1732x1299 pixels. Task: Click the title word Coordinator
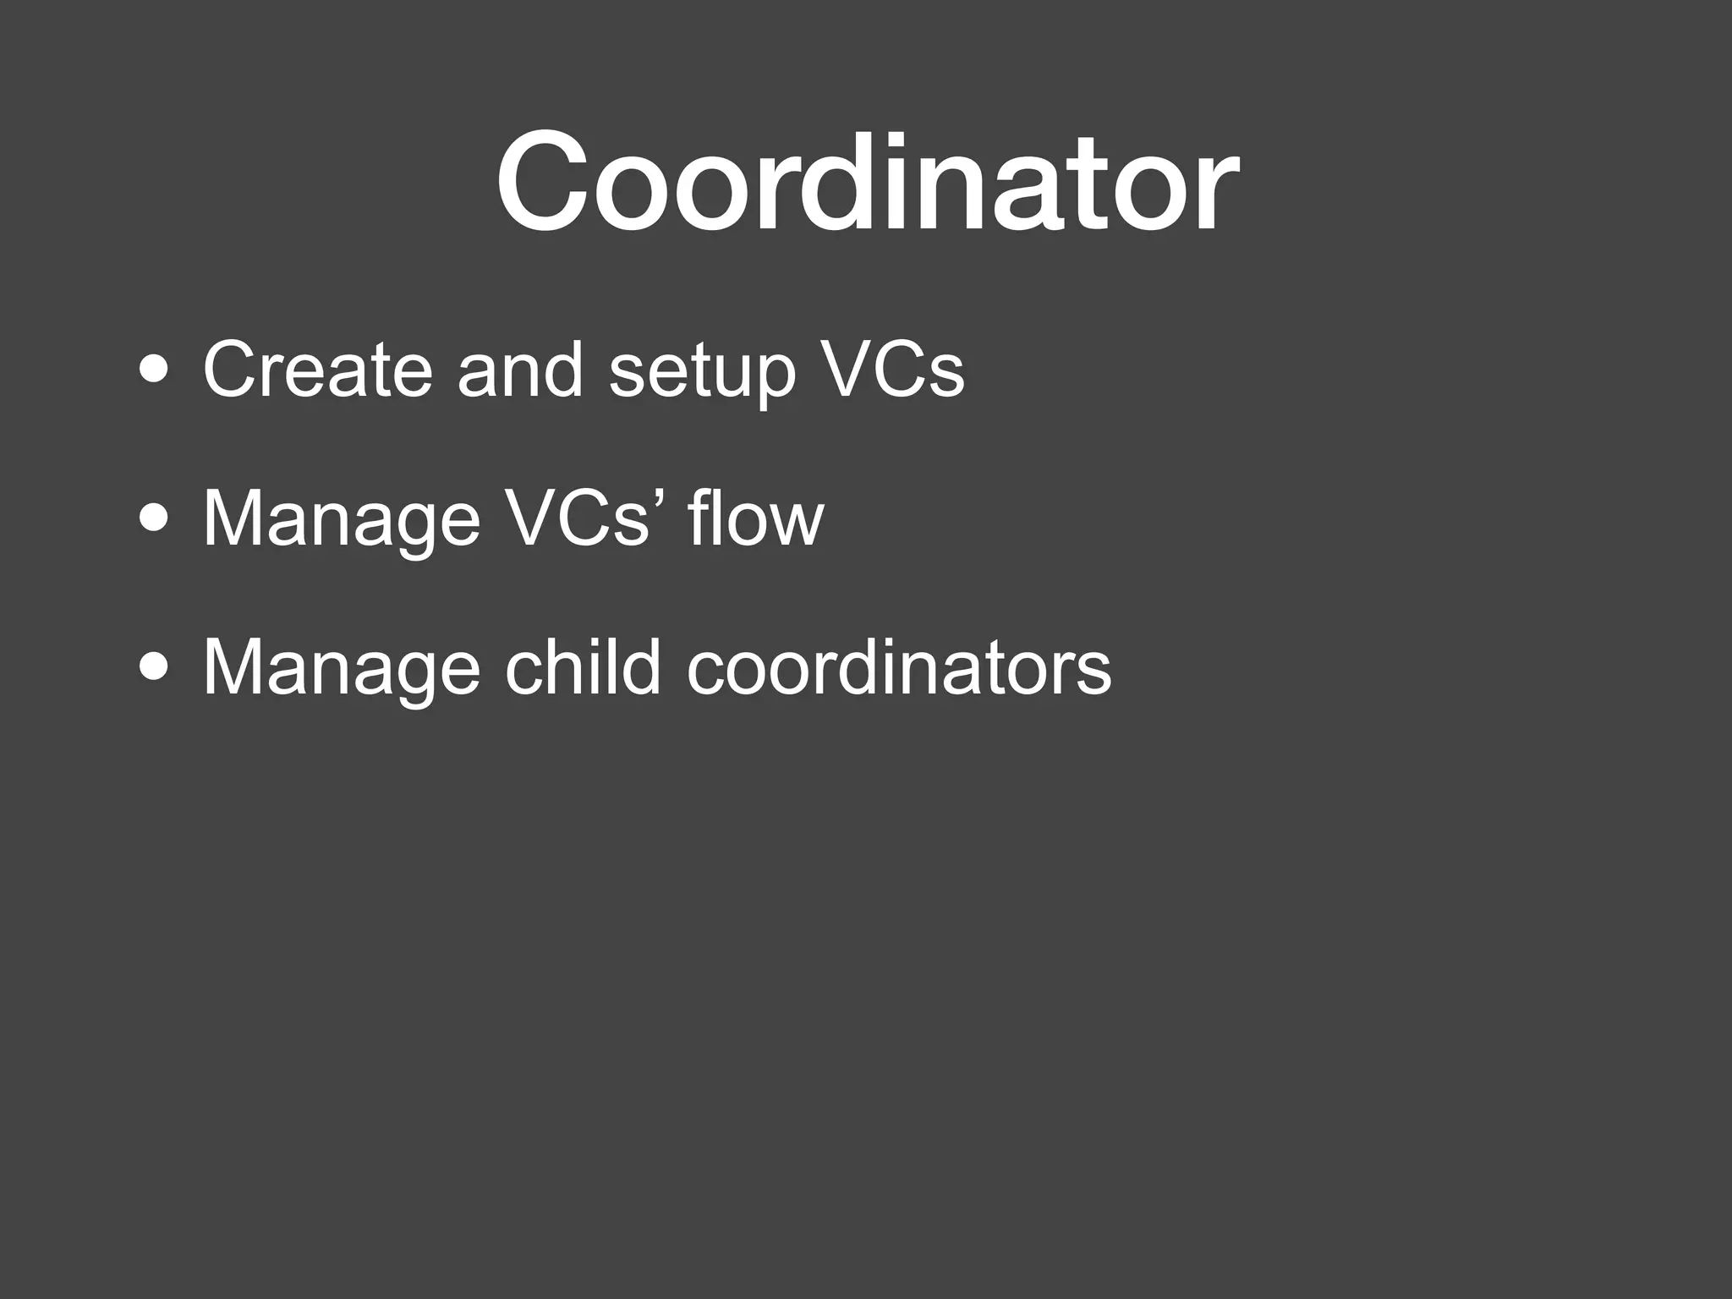coord(867,182)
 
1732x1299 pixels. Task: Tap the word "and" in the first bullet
coord(520,370)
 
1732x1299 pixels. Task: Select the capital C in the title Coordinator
coord(545,182)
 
